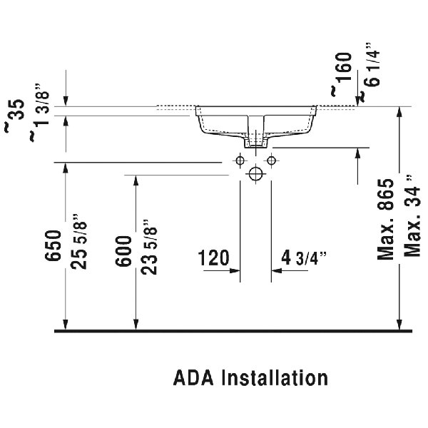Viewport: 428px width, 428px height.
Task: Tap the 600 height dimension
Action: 123,250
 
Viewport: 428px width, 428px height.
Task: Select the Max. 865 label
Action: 387,218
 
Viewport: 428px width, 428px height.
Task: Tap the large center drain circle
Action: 255,173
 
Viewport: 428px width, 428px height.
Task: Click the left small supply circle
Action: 240,159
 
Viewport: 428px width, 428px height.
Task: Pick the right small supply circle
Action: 271,159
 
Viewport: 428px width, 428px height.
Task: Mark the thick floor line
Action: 234,332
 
